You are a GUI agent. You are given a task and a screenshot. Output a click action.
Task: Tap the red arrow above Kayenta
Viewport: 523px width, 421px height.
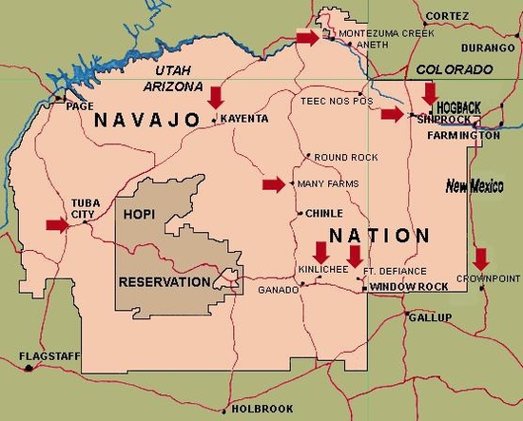click(216, 95)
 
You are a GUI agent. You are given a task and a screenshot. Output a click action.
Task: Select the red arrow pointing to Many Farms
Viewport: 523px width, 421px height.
click(274, 184)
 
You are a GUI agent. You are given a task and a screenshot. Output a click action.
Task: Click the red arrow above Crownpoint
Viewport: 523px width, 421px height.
click(481, 258)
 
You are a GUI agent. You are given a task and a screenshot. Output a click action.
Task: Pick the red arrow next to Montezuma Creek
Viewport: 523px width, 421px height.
click(307, 37)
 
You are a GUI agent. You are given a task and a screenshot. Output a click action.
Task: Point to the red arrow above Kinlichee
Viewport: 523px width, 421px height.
click(320, 252)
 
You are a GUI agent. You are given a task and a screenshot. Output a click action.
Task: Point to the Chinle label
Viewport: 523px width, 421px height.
click(323, 213)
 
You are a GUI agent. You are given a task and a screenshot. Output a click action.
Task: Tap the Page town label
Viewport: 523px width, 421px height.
click(79, 106)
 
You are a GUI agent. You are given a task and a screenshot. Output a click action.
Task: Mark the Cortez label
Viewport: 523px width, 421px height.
click(447, 16)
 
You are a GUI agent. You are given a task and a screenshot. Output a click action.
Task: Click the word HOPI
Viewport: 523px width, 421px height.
click(138, 216)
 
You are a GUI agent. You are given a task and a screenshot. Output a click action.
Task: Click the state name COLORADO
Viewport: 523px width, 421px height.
click(455, 69)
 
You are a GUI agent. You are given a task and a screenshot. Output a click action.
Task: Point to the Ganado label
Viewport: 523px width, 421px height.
click(279, 289)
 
